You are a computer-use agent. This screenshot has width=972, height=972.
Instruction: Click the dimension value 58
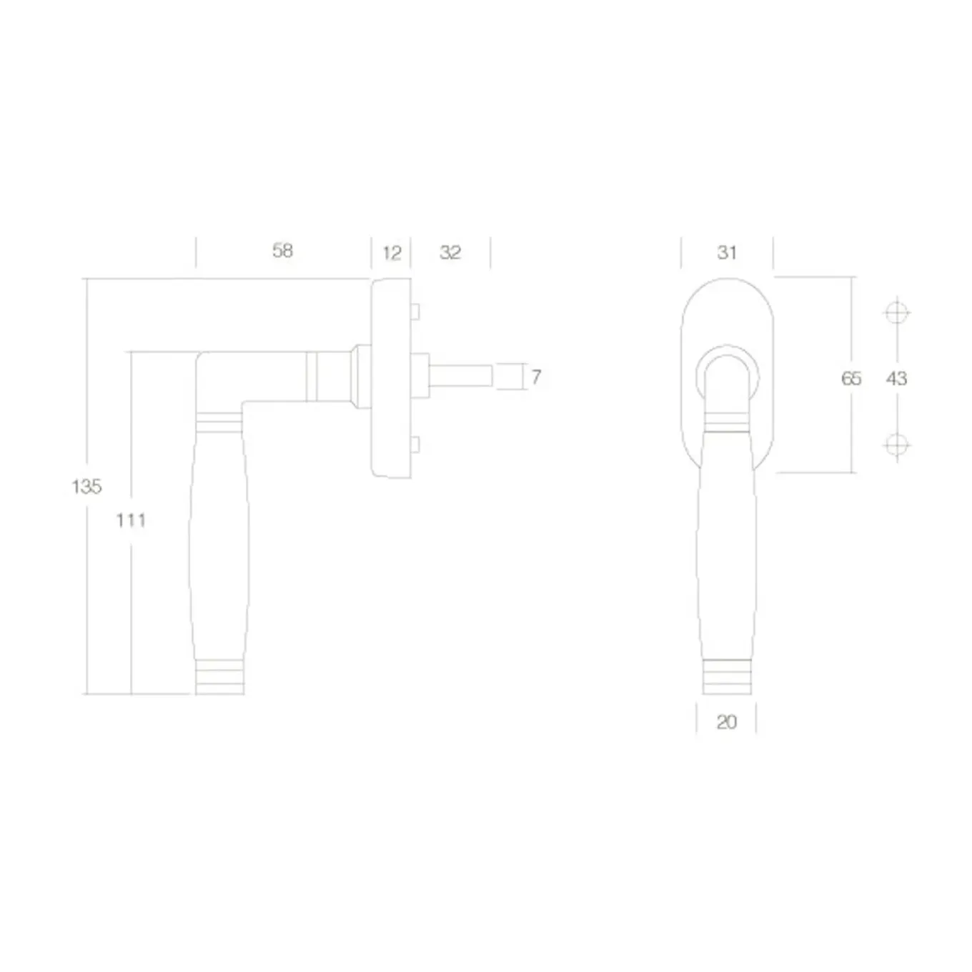(282, 251)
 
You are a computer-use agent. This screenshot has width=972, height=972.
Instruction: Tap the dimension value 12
(392, 253)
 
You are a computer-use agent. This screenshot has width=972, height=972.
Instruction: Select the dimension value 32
(450, 252)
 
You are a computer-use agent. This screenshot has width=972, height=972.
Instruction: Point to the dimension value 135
(86, 487)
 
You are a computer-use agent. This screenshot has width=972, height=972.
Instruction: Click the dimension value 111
(131, 520)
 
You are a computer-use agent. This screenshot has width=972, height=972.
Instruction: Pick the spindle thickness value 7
(536, 377)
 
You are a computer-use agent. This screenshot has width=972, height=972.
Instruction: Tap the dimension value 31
(727, 252)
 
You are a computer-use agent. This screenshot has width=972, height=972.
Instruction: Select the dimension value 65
(851, 378)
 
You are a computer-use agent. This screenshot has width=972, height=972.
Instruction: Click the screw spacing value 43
(896, 378)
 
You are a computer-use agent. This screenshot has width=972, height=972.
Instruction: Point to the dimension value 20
(726, 723)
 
